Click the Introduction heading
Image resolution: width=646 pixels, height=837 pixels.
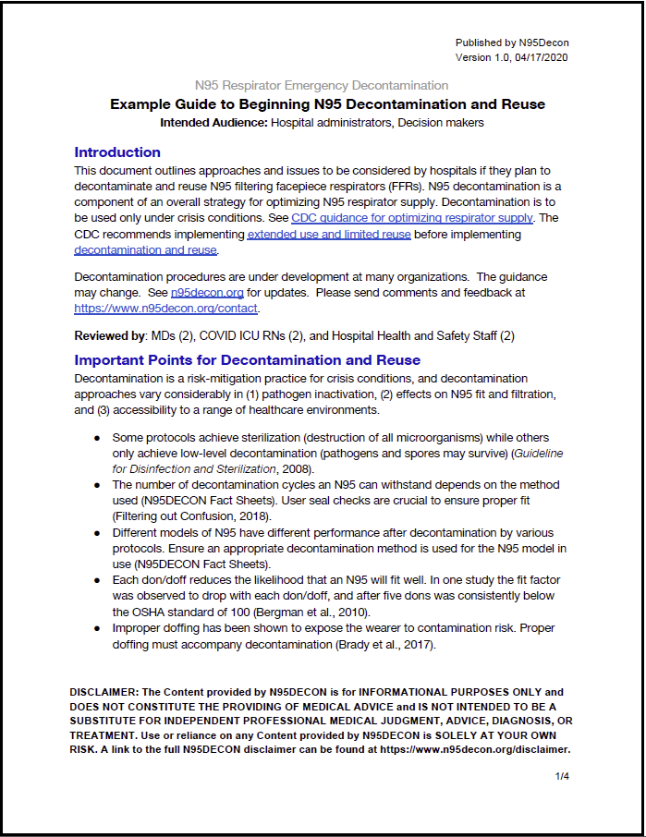pos(117,152)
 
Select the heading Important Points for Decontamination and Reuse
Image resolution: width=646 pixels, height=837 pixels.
pos(247,360)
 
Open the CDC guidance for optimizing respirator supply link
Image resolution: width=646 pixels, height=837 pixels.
pos(412,218)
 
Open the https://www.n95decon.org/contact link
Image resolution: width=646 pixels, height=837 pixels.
pos(166,309)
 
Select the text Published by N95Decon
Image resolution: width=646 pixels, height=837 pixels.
pos(513,42)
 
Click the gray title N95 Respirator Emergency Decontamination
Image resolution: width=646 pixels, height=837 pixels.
pos(322,85)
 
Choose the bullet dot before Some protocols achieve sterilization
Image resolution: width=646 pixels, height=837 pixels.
pos(96,438)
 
